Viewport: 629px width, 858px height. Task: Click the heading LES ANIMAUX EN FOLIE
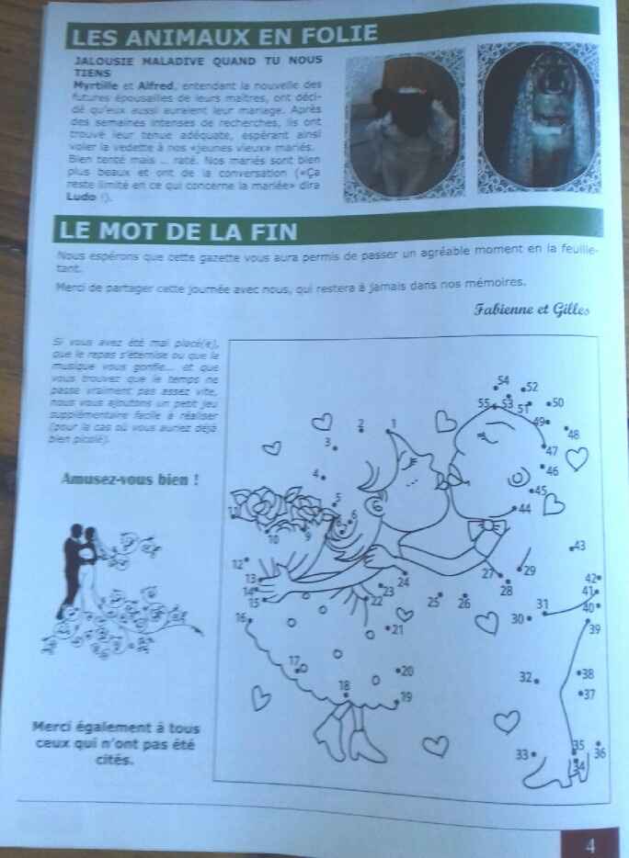(223, 35)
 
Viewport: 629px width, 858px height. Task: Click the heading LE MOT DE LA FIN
(176, 227)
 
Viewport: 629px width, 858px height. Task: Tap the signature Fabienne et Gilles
(532, 310)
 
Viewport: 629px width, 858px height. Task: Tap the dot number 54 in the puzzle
(502, 380)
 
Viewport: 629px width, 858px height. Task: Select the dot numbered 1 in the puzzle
(393, 423)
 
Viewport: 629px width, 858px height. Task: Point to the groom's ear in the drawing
(518, 479)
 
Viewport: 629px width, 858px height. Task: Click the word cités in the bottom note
(114, 760)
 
